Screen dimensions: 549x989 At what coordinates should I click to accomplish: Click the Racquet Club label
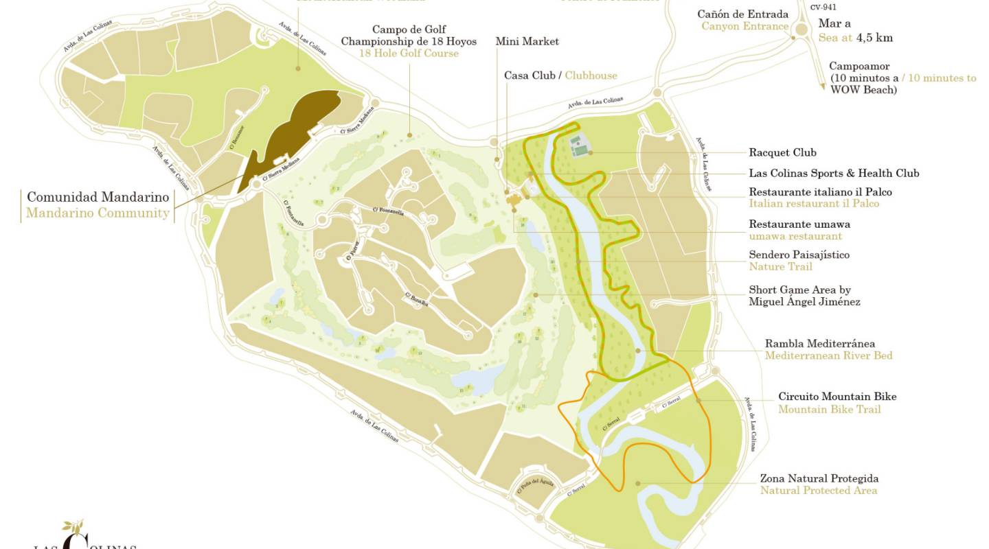(x=782, y=152)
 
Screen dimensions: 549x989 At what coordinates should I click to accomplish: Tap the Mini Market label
(x=527, y=41)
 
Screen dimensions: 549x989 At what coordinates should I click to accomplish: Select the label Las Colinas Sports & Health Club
(x=834, y=173)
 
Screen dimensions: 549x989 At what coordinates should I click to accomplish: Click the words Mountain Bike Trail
(x=829, y=410)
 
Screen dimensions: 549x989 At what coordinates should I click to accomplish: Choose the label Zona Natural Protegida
(x=819, y=478)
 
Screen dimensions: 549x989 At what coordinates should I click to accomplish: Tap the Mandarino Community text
(x=98, y=213)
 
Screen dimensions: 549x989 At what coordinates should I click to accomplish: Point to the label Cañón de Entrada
(x=742, y=14)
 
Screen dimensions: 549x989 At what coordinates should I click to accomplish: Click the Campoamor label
(x=859, y=67)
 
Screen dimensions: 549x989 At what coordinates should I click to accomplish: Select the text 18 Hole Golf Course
(x=409, y=54)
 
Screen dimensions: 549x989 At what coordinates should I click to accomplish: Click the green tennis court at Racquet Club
(x=578, y=147)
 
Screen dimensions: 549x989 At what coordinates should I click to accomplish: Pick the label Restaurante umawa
(x=799, y=224)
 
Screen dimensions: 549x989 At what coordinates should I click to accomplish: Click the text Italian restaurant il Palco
(x=814, y=204)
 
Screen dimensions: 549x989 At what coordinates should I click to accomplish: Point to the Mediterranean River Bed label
(x=828, y=355)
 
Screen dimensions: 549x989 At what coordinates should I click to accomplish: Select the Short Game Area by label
(x=799, y=290)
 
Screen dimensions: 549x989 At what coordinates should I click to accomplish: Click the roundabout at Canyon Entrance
(x=801, y=30)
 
